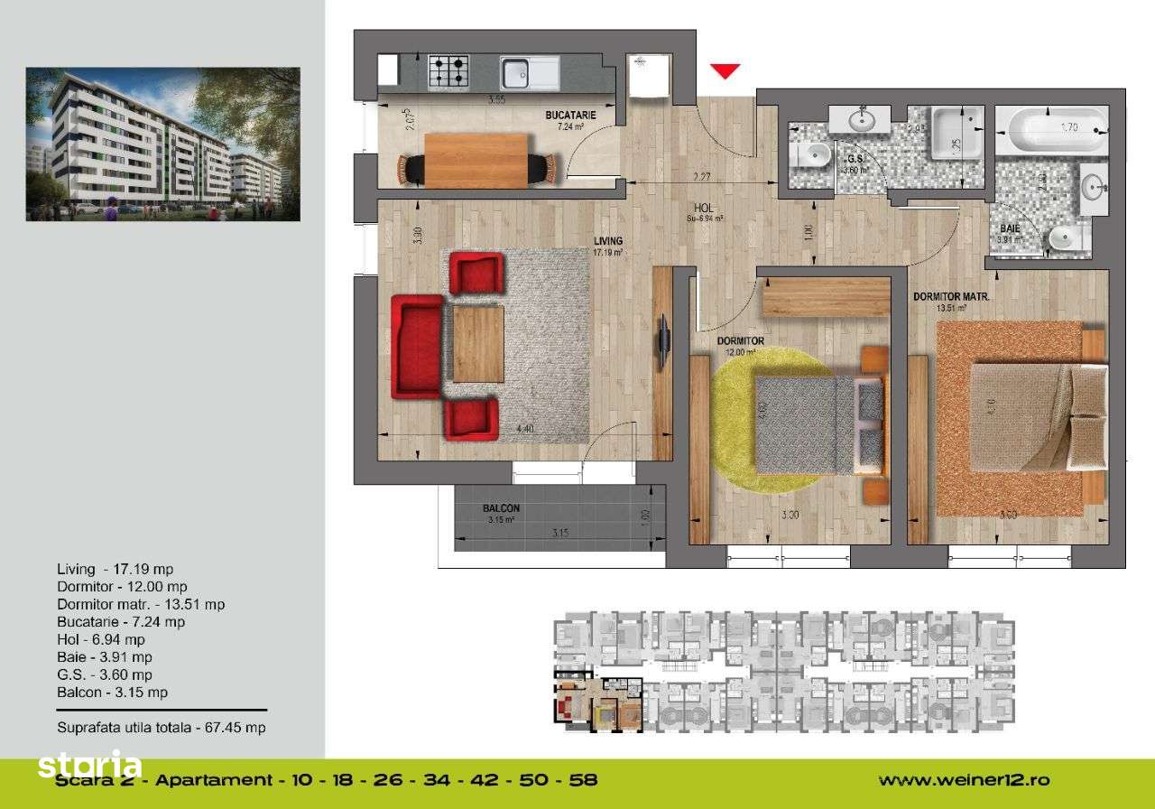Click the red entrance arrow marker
[x=725, y=70]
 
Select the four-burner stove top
[x=448, y=70]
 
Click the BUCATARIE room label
[x=570, y=116]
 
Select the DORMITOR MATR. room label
[x=952, y=296]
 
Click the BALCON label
[x=501, y=508]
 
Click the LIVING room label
[x=608, y=241]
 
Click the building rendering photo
[x=162, y=144]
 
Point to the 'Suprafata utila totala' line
[x=161, y=727]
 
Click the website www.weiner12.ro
[x=964, y=780]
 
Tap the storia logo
[x=88, y=767]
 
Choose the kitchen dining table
[x=476, y=161]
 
